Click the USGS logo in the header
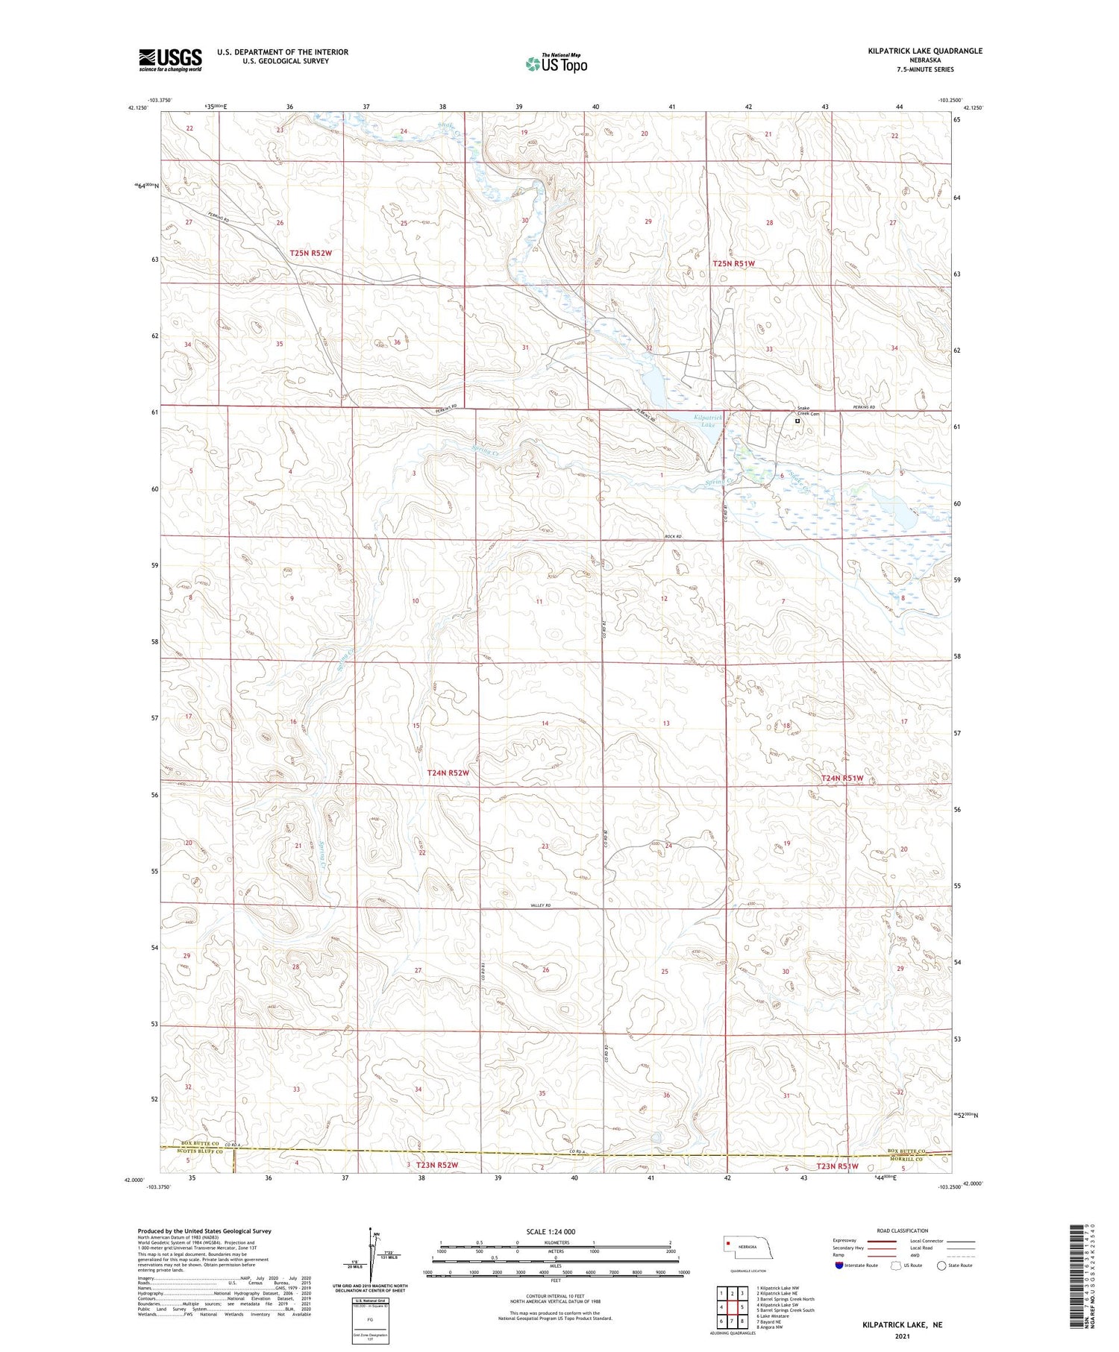point(170,60)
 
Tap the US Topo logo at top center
point(556,63)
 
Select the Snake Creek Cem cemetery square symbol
point(797,421)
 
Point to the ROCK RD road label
point(673,537)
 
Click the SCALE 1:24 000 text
point(551,1232)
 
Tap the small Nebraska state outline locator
point(746,1246)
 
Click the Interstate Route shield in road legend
point(839,1265)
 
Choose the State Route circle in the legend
point(941,1265)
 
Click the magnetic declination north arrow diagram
point(370,1255)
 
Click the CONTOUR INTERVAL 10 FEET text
point(555,1296)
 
